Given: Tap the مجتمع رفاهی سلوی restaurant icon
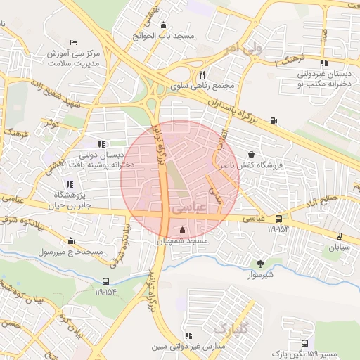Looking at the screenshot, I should click(x=202, y=75).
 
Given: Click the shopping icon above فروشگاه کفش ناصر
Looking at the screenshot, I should click(x=252, y=154).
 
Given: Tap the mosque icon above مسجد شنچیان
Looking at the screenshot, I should click(x=183, y=230).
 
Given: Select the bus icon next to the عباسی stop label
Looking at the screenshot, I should click(x=279, y=219).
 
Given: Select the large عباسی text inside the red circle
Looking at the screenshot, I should click(x=186, y=209).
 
